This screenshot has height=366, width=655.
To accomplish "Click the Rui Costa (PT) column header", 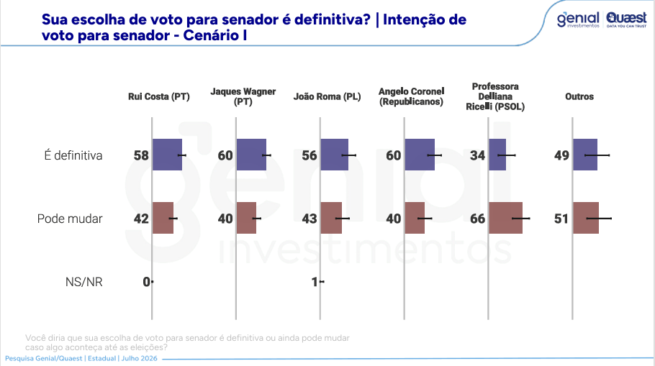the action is point(159,96).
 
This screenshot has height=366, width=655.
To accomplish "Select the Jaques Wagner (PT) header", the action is point(243,96).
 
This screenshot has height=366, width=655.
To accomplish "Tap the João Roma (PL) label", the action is point(327,96).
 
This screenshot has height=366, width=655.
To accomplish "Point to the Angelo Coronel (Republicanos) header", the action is point(412,96).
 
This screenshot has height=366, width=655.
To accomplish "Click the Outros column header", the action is point(579,96).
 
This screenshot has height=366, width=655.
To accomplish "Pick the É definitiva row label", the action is point(73,155).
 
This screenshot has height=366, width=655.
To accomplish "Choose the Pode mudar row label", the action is point(70,219).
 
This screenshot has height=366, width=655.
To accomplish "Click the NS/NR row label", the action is point(84,282).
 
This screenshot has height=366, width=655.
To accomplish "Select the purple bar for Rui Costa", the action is point(167,155).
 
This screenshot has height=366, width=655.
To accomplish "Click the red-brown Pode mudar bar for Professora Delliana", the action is point(505,218).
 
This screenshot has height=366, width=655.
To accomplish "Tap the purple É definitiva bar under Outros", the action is point(585,155).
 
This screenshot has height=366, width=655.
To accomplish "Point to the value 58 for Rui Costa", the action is point(141,155).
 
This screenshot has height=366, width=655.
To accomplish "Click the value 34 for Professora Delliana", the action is point(477,155).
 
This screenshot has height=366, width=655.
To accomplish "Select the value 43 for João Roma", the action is point(310,219).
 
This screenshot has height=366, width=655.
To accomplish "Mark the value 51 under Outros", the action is point(561,219).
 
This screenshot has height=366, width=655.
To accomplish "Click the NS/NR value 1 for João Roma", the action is point(315,282).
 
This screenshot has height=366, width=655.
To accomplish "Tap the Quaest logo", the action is point(626,19).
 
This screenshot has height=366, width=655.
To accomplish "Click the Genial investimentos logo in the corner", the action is point(578,19).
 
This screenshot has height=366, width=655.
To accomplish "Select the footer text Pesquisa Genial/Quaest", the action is point(43,359).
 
